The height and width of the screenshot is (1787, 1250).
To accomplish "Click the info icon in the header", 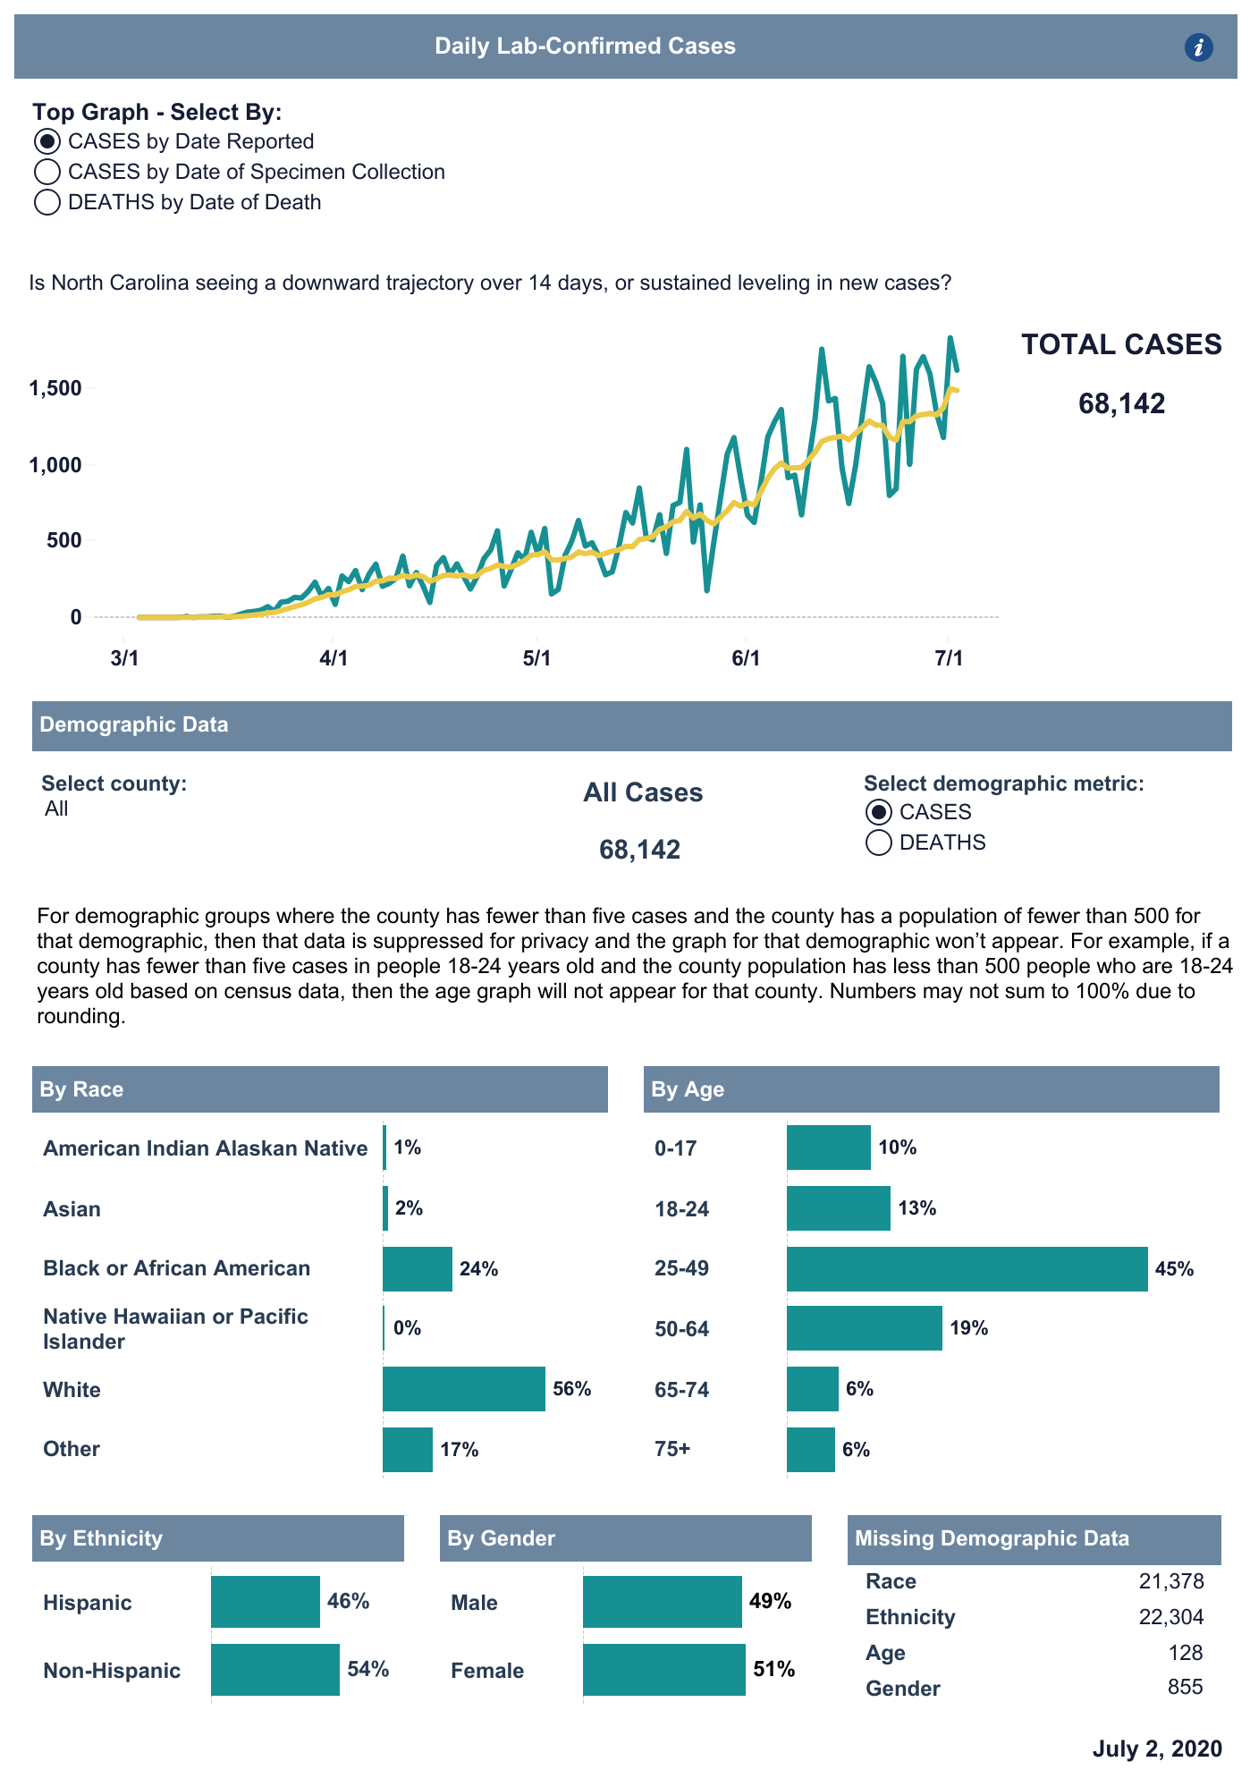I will pyautogui.click(x=1198, y=47).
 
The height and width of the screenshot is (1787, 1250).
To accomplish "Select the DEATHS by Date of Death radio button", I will pyautogui.click(x=47, y=202).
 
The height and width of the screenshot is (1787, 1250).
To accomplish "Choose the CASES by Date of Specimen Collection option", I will pyautogui.click(x=47, y=172).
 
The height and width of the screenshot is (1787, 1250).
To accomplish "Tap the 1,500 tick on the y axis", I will pyautogui.click(x=55, y=388).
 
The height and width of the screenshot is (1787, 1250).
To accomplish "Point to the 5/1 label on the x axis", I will pyautogui.click(x=536, y=659).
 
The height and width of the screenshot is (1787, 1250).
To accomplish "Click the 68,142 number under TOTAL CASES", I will pyautogui.click(x=1121, y=403).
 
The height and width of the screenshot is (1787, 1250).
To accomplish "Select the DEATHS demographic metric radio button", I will pyautogui.click(x=879, y=843).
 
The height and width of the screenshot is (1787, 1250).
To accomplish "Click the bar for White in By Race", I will pyautogui.click(x=463, y=1389).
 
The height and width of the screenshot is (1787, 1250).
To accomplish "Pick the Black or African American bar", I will pyautogui.click(x=417, y=1269).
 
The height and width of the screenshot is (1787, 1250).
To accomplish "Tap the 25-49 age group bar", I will pyautogui.click(x=967, y=1269).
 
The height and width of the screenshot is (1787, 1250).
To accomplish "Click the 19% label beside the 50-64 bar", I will pyautogui.click(x=968, y=1328).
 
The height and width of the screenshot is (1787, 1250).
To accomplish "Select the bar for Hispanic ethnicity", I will pyautogui.click(x=265, y=1602).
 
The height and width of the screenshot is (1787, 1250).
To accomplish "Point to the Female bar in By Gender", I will pyautogui.click(x=663, y=1670).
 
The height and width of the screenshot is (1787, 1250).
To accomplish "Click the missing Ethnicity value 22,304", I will pyautogui.click(x=1170, y=1617).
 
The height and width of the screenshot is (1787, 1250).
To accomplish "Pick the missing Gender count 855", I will pyautogui.click(x=1185, y=1688).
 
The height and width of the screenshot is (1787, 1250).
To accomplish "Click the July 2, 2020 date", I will pyautogui.click(x=1156, y=1749).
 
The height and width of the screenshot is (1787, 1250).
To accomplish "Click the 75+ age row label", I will pyautogui.click(x=672, y=1449).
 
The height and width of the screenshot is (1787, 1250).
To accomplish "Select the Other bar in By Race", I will pyautogui.click(x=407, y=1450).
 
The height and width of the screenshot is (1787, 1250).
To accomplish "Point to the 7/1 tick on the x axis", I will pyautogui.click(x=949, y=659).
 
